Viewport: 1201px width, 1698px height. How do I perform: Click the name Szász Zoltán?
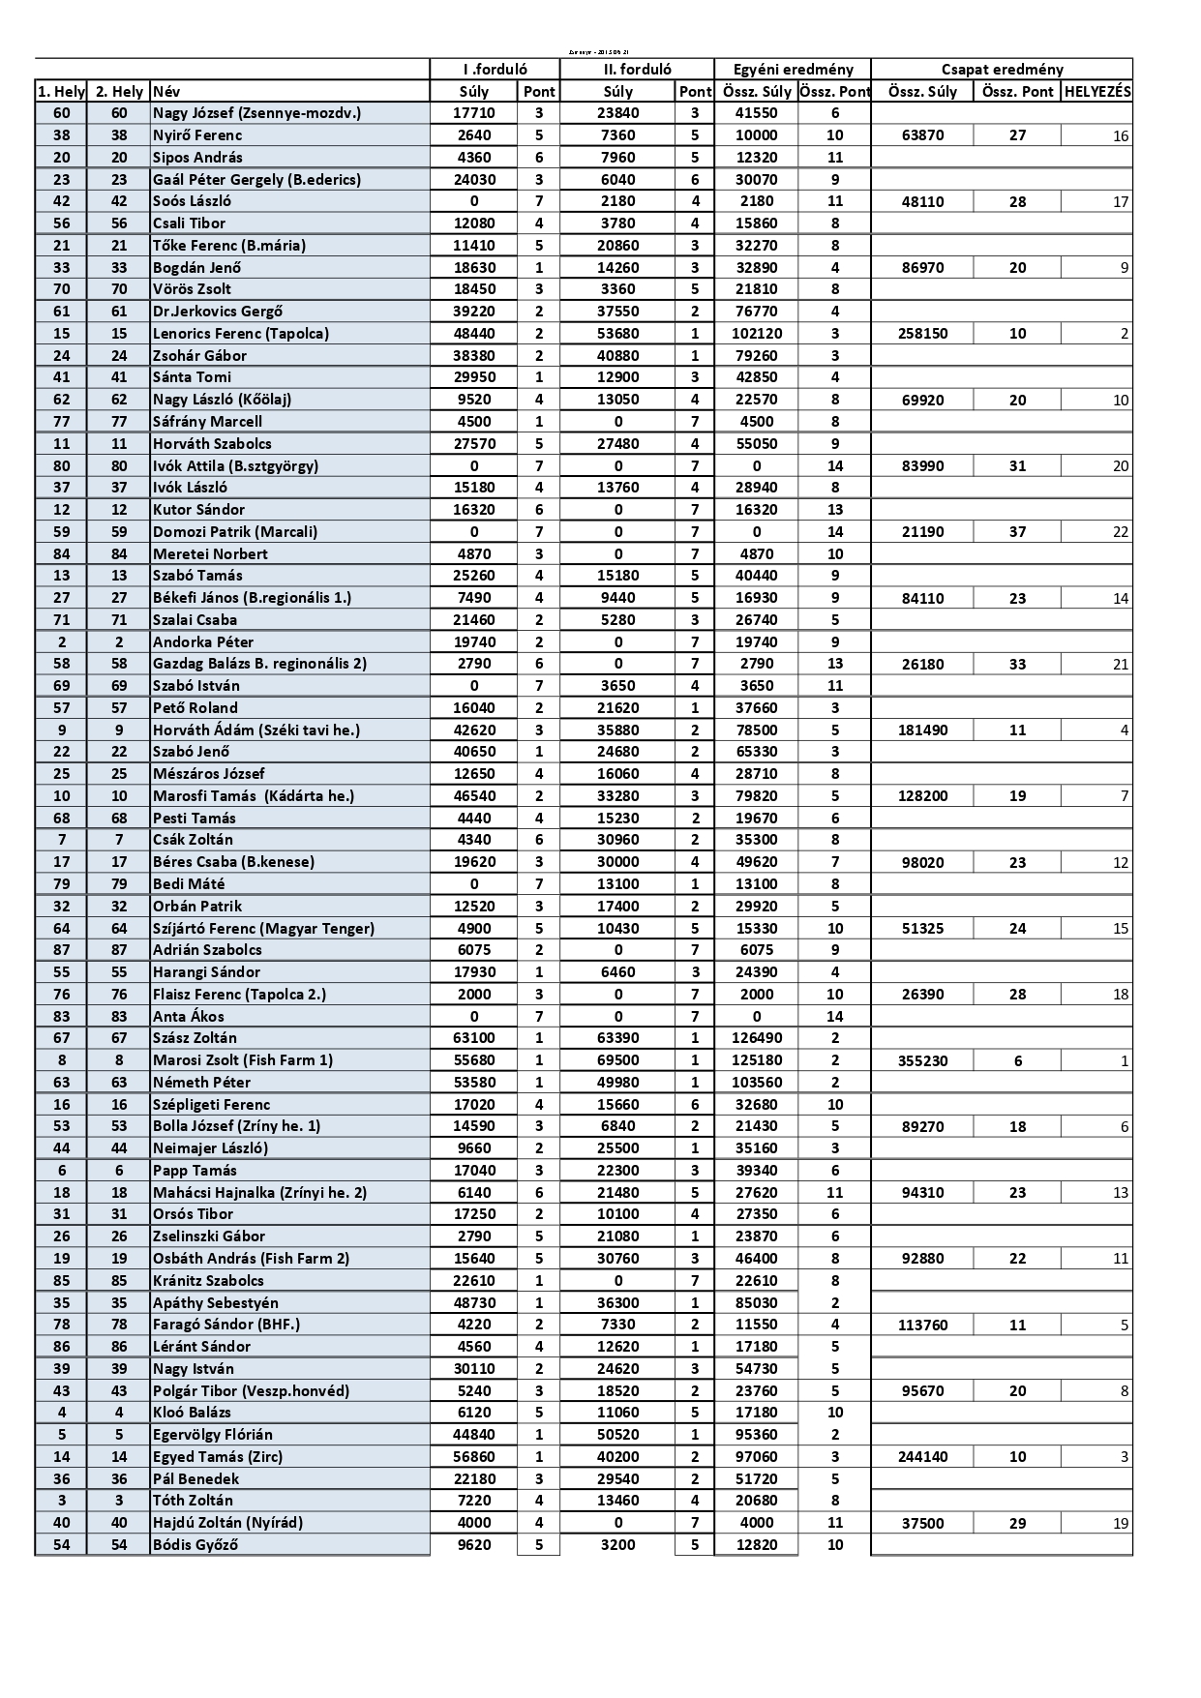point(195,1038)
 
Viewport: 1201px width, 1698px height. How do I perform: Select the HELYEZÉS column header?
point(1096,91)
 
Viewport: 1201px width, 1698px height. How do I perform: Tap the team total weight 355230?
point(922,1060)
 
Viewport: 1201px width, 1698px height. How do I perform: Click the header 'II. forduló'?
point(637,69)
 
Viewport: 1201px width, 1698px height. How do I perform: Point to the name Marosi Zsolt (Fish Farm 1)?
point(243,1060)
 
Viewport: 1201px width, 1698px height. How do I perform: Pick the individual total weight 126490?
point(757,1038)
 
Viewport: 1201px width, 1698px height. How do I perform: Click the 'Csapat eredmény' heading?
point(1002,69)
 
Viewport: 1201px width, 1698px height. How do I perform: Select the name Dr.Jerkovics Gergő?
point(218,312)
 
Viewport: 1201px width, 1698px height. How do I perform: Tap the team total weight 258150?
point(922,334)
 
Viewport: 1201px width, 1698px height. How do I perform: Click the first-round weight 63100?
point(474,1038)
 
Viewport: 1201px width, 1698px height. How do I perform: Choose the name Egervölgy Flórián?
point(213,1435)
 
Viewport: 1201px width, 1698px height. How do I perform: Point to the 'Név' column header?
point(166,92)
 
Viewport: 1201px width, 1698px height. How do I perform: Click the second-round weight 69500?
point(618,1060)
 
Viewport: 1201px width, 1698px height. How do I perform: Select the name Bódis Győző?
point(195,1545)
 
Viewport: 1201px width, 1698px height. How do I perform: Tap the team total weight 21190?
point(922,532)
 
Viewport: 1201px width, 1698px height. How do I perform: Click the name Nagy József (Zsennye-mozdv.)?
point(256,113)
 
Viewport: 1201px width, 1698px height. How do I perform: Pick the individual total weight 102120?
point(757,334)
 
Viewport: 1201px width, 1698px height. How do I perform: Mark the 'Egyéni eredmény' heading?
point(793,69)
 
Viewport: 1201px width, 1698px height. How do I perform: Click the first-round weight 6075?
point(474,950)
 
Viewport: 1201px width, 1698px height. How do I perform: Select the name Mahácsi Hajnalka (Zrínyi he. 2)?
point(260,1193)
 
